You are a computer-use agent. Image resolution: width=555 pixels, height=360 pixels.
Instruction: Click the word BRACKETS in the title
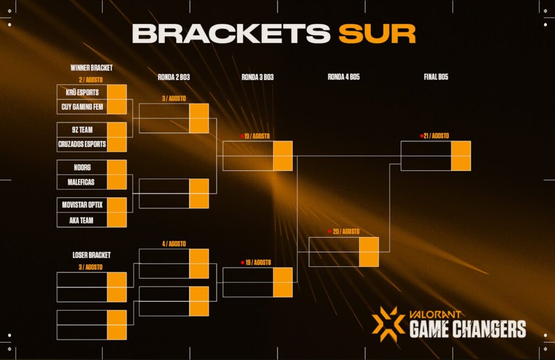(231, 34)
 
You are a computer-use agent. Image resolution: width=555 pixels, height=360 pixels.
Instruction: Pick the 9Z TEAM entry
(82, 130)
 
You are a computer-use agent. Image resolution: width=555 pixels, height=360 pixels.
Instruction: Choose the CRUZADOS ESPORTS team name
(82, 145)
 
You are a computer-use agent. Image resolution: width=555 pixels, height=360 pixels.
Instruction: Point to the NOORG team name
(82, 168)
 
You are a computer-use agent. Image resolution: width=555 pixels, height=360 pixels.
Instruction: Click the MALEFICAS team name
(82, 182)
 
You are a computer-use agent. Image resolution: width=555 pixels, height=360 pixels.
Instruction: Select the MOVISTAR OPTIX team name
(82, 205)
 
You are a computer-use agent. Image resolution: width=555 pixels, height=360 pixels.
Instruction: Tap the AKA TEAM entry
(82, 220)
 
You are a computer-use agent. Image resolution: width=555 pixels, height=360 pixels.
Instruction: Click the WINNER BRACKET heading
(92, 68)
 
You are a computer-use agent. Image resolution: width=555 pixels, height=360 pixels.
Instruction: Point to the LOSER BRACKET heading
(92, 255)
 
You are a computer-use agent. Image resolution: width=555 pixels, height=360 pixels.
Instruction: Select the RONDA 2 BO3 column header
(173, 78)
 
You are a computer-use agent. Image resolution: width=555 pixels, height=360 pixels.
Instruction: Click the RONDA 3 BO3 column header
(257, 78)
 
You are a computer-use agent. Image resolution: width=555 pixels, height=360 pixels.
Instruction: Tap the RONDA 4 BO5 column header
(344, 78)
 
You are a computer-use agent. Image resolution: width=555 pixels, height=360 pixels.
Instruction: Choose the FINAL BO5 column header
(436, 78)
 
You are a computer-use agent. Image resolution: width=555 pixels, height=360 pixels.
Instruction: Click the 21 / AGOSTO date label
(436, 136)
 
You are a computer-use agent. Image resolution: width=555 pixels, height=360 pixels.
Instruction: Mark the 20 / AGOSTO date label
(346, 232)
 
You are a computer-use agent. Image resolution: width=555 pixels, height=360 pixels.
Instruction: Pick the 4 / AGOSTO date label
(174, 244)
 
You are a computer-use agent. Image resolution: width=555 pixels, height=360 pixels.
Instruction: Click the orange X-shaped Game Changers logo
(388, 324)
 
